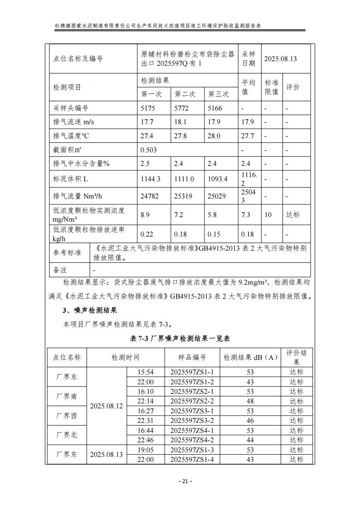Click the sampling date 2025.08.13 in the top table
(x=280, y=58)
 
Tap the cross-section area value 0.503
(x=149, y=150)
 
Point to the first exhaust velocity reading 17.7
(x=147, y=122)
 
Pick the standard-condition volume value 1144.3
(x=151, y=179)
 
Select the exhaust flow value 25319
(x=184, y=196)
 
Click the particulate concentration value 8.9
(x=145, y=215)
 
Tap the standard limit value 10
(x=268, y=215)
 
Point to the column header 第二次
(x=185, y=94)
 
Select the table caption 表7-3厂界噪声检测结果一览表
(x=180, y=339)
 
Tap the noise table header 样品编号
(x=192, y=358)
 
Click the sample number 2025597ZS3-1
(x=192, y=411)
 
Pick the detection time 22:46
(x=146, y=440)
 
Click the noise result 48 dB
(x=250, y=401)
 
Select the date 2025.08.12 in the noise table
(x=107, y=406)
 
